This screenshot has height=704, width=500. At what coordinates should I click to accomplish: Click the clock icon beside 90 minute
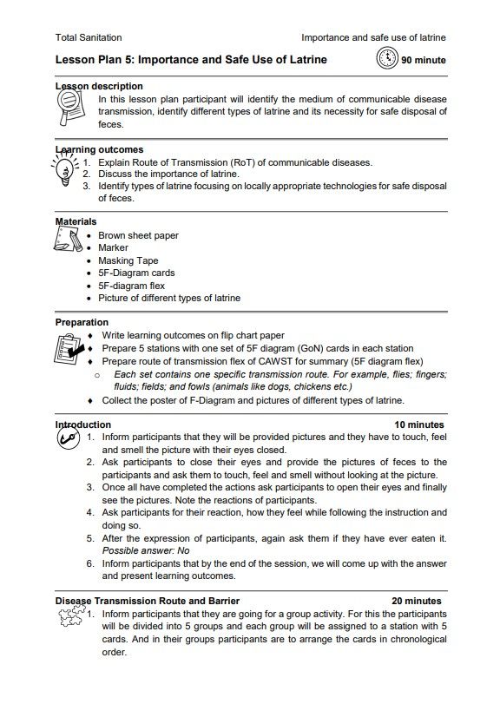387,60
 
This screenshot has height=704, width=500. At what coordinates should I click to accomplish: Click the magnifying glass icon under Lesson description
69,109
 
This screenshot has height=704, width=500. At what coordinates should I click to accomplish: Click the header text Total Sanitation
89,38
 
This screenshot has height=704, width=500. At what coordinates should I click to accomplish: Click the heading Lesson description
99,87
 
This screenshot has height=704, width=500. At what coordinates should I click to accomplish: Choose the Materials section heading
76,222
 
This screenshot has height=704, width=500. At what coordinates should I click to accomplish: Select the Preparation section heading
82,323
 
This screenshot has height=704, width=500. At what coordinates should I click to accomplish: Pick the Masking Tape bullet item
128,260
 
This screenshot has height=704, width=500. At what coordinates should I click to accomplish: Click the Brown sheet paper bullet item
138,235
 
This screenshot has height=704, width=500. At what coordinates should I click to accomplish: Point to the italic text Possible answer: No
145,550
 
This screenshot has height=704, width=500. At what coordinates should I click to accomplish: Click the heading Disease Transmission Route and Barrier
148,601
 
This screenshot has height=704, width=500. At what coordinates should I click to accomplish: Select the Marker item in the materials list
113,248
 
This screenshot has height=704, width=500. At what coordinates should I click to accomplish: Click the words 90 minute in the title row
424,61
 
